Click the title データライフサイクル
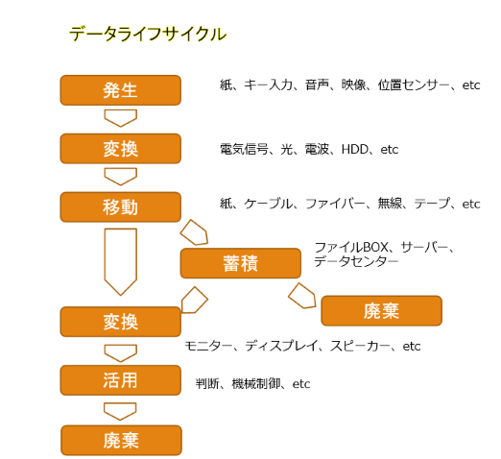pos(148,34)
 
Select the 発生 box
pos(121,90)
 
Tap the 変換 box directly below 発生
pos(121,149)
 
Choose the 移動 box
pos(121,207)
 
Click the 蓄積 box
pos(241,263)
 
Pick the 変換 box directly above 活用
pos(121,322)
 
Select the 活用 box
pos(121,380)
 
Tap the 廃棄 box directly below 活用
pos(121,440)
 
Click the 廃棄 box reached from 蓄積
pos(382,311)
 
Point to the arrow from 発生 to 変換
pos(121,118)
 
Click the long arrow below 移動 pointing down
pos(121,261)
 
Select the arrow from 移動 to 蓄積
pos(195,232)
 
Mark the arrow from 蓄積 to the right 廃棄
pos(302,296)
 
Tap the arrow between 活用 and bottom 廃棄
pos(120,411)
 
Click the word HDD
pos(355,150)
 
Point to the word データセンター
pos(356,262)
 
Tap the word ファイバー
pos(335,204)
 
